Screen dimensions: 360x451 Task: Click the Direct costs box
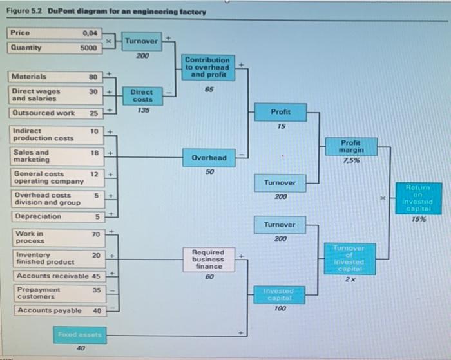tap(142, 96)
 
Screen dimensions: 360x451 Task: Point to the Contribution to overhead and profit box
tap(207, 67)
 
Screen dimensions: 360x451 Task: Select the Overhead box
tap(209, 158)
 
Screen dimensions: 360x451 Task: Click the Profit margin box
tap(360, 146)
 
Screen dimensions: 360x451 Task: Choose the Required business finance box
tap(208, 259)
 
